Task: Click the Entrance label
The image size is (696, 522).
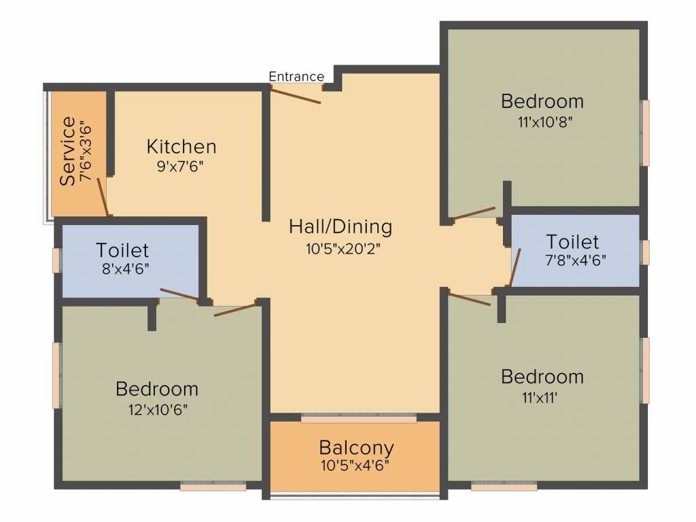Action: click(x=296, y=76)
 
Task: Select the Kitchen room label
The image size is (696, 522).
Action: click(x=181, y=146)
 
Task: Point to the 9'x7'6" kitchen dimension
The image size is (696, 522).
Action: click(x=181, y=166)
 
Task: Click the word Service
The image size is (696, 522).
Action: click(x=68, y=151)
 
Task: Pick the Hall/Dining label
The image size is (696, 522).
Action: click(x=341, y=226)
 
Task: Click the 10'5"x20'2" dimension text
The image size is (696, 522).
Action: click(x=342, y=248)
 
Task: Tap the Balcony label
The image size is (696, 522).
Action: click(x=356, y=448)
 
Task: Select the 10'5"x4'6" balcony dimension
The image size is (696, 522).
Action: click(x=356, y=466)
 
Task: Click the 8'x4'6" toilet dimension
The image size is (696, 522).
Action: click(x=122, y=268)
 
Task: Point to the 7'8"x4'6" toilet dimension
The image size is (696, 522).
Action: click(x=573, y=259)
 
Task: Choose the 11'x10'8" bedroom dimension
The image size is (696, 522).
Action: click(x=542, y=122)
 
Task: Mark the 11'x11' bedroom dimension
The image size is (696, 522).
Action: click(x=542, y=397)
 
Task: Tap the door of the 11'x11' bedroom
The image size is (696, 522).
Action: click(x=470, y=299)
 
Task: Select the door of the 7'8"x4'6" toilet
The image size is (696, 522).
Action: click(x=515, y=267)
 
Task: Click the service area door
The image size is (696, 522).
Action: click(x=103, y=196)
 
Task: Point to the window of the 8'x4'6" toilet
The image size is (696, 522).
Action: click(x=58, y=260)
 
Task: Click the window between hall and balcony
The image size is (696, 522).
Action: click(x=358, y=418)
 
